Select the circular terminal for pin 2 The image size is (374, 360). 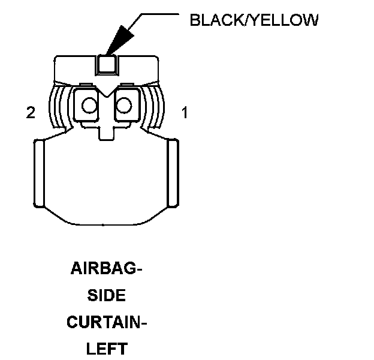[x=89, y=106]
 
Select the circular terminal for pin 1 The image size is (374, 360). [x=123, y=106]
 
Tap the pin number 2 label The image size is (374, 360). [x=31, y=112]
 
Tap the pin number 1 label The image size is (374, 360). [x=185, y=112]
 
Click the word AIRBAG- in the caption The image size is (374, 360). [x=107, y=269]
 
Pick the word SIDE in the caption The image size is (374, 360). [x=107, y=296]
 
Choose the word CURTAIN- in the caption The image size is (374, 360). [x=107, y=323]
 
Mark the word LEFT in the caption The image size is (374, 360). [x=107, y=349]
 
